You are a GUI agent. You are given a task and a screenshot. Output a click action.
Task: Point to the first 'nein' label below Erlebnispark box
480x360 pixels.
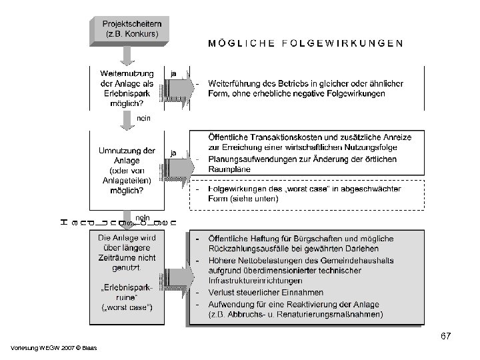(144, 119)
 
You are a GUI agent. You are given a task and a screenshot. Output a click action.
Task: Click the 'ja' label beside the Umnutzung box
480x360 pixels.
(174, 153)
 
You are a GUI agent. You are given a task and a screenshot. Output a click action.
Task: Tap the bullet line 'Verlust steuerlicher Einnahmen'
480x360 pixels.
(266, 292)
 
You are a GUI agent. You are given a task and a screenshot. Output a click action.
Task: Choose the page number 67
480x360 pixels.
(445, 337)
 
